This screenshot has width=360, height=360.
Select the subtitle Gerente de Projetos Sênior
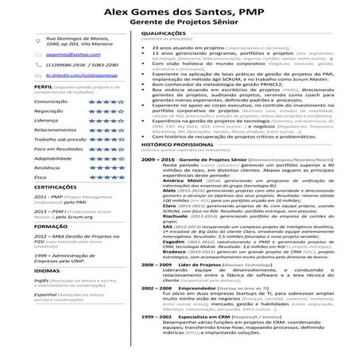coord(180,26)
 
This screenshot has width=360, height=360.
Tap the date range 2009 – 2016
coord(153,159)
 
